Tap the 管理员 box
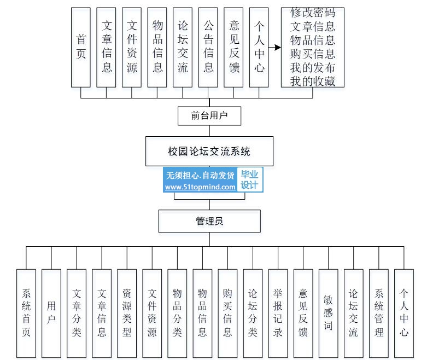[x=209, y=221]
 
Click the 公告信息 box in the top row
[x=208, y=47]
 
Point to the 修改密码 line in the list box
[x=313, y=13]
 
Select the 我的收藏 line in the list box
[x=313, y=82]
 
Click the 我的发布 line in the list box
[x=313, y=67]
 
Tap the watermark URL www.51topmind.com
[x=200, y=187]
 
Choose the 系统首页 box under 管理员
[x=26, y=313]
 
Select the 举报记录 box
[x=278, y=313]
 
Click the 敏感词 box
[x=328, y=313]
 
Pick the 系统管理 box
[x=378, y=313]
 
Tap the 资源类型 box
[x=127, y=313]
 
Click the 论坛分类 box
[x=253, y=313]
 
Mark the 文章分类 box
[x=77, y=313]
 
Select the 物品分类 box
[x=177, y=313]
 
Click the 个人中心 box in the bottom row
[x=403, y=313]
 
